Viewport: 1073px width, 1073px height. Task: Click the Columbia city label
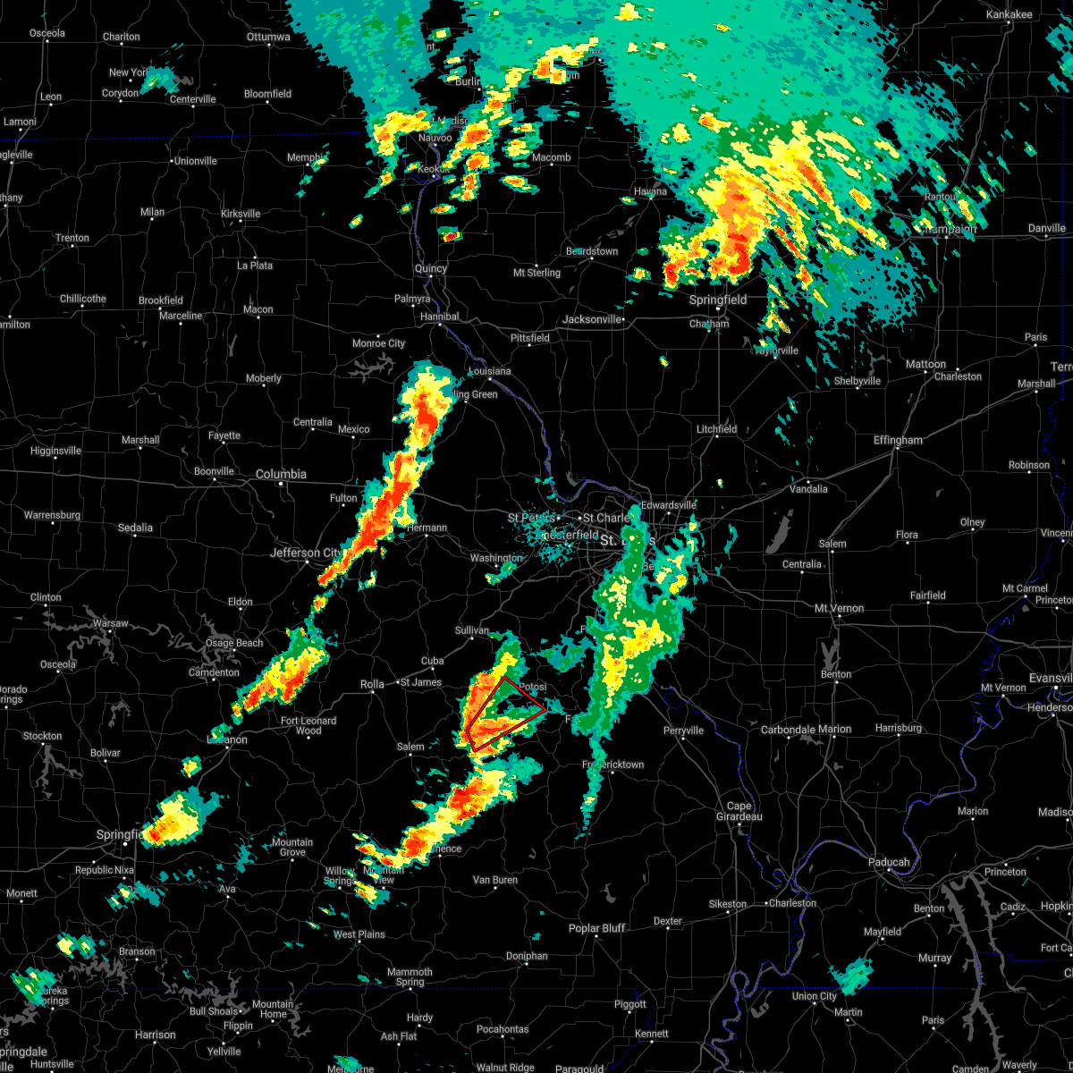point(281,474)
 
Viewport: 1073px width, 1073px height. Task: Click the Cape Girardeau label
point(739,811)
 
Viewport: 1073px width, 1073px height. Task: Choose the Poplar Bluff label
point(596,928)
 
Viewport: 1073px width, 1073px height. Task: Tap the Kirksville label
point(241,214)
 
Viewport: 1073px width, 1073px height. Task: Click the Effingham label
point(899,440)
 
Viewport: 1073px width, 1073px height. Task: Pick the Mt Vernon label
point(839,608)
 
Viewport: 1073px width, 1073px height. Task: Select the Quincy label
point(431,268)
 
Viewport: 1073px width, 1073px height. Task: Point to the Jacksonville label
point(591,319)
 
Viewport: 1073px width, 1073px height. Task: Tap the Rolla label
point(372,684)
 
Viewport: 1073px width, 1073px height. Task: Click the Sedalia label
point(135,528)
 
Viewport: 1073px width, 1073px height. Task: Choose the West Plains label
point(359,934)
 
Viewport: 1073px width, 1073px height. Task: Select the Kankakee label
point(1009,15)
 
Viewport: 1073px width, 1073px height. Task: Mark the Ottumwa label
point(268,37)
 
